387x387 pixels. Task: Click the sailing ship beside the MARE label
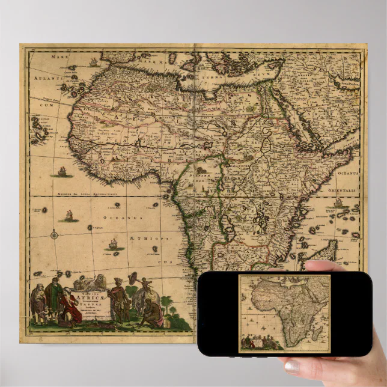93,62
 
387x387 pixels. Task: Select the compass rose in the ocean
55,234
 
